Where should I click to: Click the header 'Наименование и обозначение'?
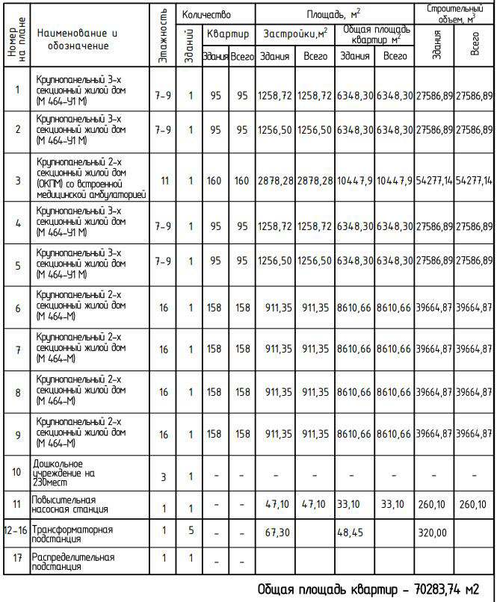(x=77, y=40)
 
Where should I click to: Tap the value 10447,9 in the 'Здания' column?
(x=354, y=180)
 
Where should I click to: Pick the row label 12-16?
(x=17, y=530)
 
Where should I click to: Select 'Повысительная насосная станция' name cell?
(x=71, y=504)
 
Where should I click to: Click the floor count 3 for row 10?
(x=163, y=477)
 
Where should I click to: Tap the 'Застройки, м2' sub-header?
(x=294, y=34)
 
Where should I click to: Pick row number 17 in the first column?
(x=17, y=558)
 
